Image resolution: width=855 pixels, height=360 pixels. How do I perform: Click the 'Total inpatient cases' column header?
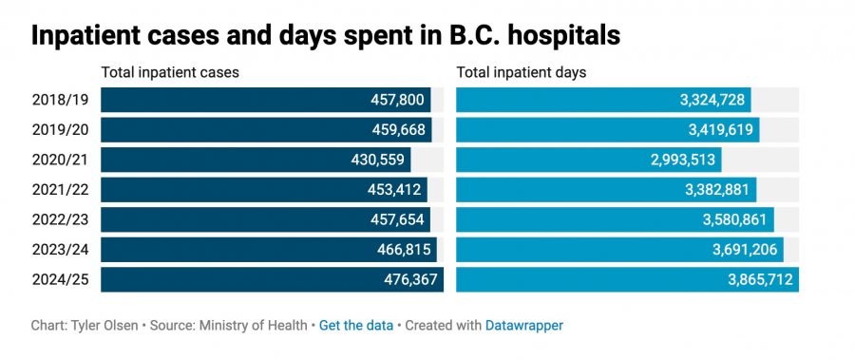170,72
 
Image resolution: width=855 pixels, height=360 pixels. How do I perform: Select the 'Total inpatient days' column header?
522,72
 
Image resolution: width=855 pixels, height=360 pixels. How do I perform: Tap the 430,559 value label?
379,160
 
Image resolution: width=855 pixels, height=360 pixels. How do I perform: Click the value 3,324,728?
713,100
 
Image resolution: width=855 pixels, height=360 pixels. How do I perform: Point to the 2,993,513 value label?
683,160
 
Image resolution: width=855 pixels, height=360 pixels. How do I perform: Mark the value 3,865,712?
758,279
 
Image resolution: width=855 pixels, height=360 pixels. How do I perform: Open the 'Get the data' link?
356,325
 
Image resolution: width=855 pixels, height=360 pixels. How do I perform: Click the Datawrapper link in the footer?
523,325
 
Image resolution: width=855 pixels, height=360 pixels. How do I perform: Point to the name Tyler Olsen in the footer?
103,325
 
